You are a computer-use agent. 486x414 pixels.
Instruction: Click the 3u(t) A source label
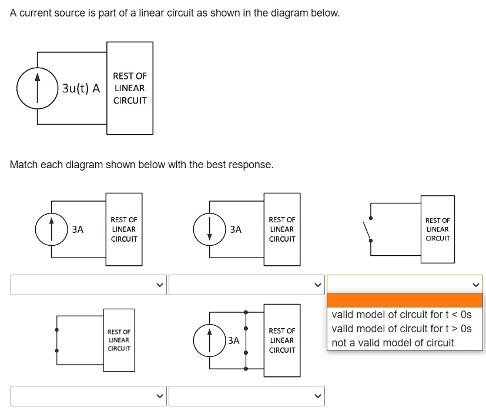tap(81, 89)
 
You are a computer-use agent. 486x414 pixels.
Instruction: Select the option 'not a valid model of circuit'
tap(393, 343)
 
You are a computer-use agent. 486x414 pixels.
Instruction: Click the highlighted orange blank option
tap(405, 301)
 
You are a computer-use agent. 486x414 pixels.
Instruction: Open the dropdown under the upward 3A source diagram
tap(89, 285)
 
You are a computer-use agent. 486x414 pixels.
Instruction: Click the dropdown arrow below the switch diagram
tap(475, 285)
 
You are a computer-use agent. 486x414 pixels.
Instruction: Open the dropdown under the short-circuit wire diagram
tap(89, 396)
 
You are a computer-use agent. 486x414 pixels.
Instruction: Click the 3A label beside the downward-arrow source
tap(236, 229)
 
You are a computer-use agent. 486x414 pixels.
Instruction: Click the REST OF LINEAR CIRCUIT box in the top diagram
tap(130, 88)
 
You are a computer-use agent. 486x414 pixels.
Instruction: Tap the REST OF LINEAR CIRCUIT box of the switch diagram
tap(437, 229)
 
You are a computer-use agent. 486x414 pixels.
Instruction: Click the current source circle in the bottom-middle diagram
tap(210, 340)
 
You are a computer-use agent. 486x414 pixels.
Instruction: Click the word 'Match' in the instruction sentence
tap(25, 165)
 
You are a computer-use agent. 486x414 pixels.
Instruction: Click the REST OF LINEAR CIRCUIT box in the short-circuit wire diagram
tap(119, 340)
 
